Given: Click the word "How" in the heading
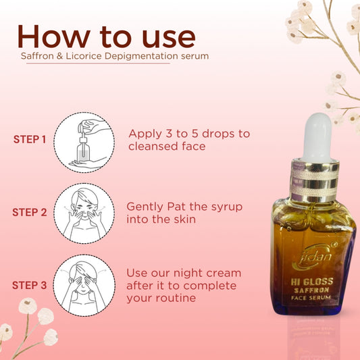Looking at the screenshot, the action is coord(54,36).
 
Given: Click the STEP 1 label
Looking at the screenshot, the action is coord(30,139).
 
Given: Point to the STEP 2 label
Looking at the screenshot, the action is coord(30,212).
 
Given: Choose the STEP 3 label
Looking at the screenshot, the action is coord(30,285).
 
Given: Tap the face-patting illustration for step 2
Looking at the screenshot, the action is coord(84,213).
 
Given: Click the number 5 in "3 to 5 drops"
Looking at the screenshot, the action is coord(195,134).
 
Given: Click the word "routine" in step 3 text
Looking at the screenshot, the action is coord(176,298).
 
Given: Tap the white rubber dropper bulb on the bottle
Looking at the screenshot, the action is coord(317,137).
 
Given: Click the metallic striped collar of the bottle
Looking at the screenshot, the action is coord(315,180).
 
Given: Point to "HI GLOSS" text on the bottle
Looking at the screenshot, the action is coord(312,282).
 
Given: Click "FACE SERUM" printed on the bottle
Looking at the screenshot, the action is coord(311,298).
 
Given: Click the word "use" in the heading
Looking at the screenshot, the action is coord(169,38).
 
